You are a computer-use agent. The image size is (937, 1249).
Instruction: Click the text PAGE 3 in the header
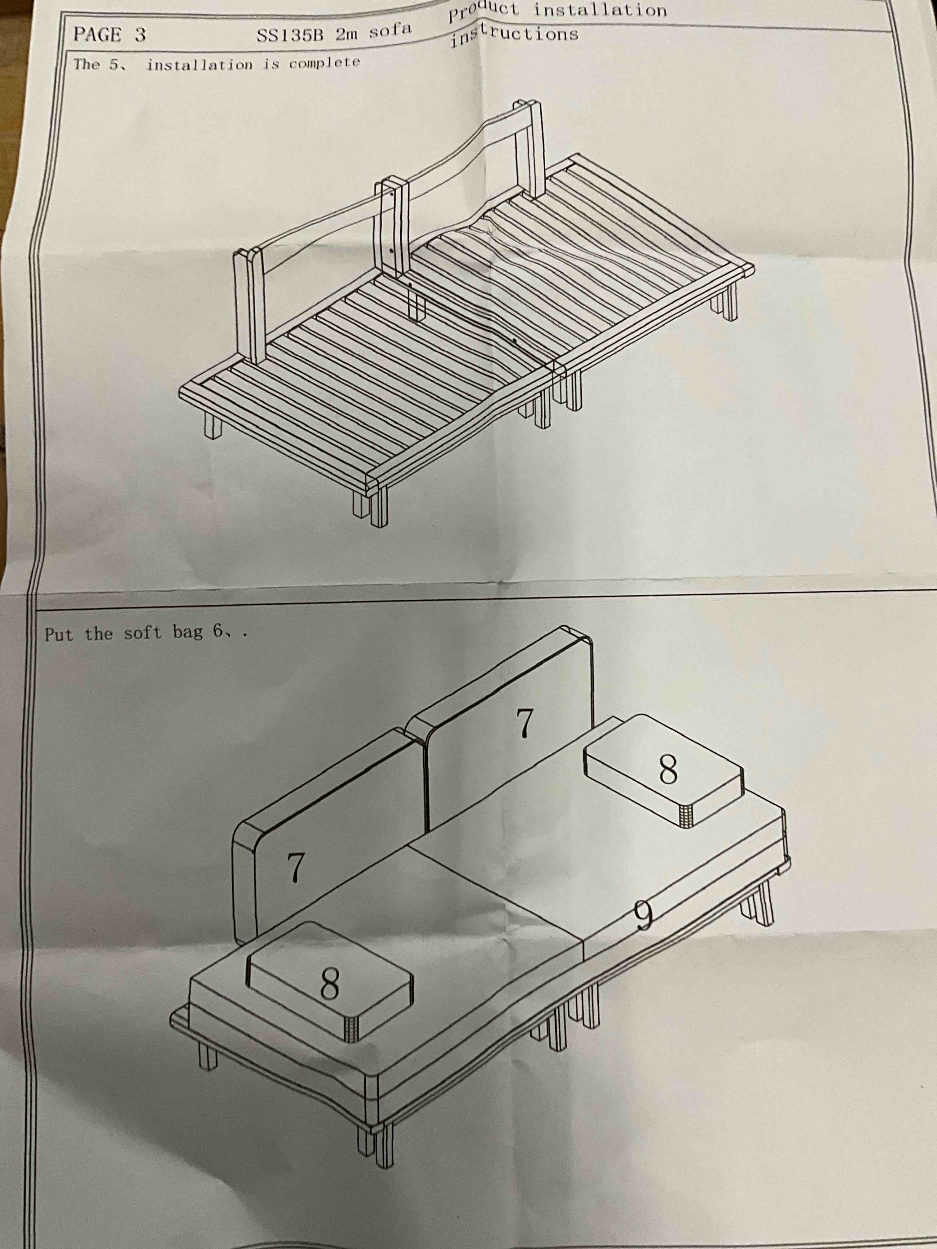(x=109, y=35)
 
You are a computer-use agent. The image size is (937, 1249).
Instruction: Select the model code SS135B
(x=289, y=36)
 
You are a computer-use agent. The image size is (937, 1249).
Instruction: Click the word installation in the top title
(x=600, y=10)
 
